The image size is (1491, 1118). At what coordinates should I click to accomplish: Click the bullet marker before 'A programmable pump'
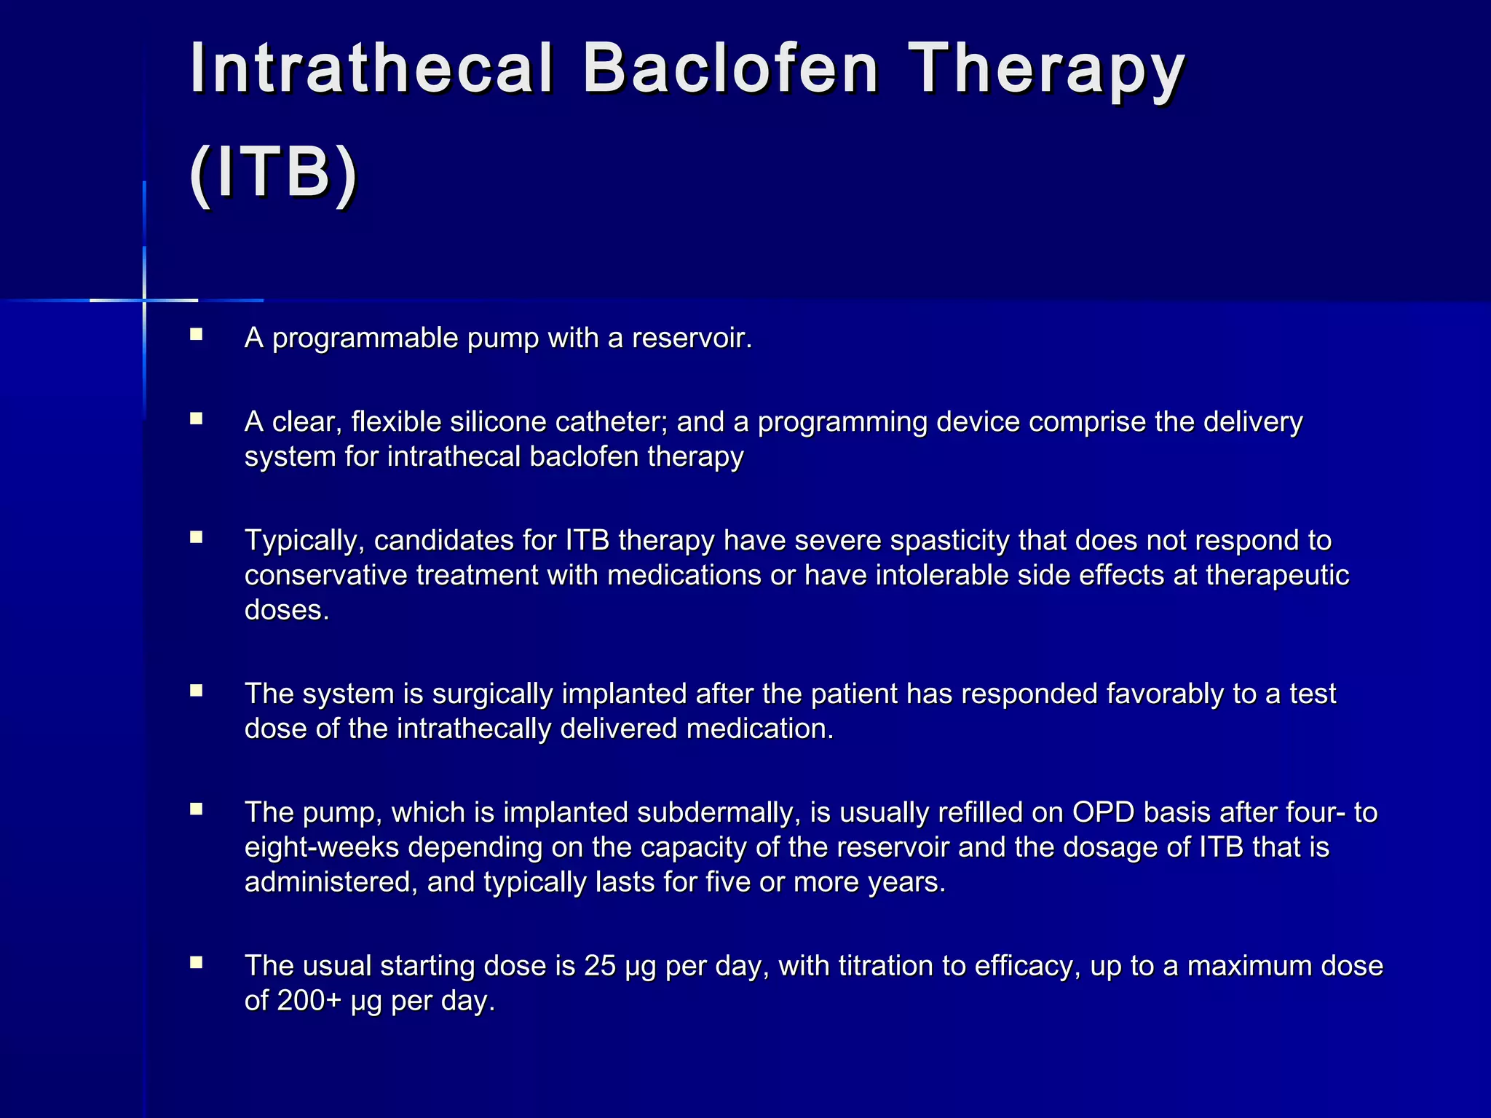[x=196, y=335]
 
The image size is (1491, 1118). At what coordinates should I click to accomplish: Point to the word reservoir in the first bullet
[x=691, y=338]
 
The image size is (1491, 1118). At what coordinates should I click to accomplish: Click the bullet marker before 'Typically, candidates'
[x=196, y=537]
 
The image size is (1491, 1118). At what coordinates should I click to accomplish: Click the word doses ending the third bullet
[x=286, y=611]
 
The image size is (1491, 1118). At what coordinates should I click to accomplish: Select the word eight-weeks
[x=322, y=848]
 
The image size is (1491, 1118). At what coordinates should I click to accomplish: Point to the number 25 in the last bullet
[x=600, y=967]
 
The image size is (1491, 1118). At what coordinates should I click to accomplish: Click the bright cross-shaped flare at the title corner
[x=144, y=300]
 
